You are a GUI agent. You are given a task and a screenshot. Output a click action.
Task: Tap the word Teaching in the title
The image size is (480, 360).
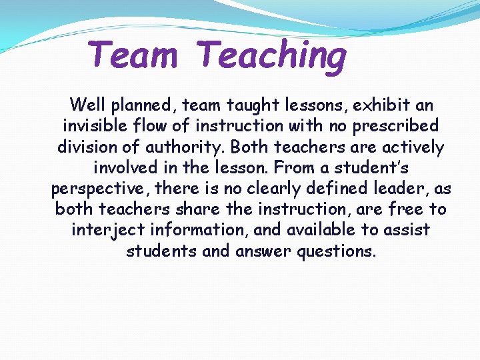(x=272, y=56)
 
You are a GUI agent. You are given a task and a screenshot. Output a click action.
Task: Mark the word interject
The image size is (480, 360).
(x=103, y=231)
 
